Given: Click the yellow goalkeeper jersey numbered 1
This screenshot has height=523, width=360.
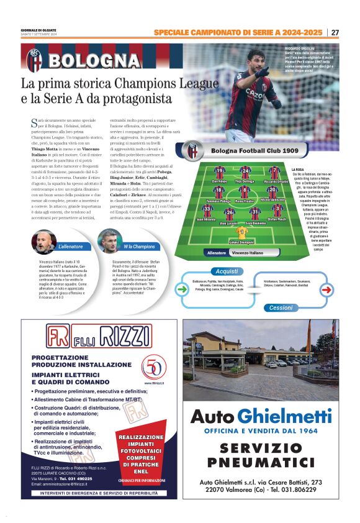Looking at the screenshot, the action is [243, 232].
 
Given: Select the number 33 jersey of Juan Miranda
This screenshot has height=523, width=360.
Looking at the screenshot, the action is [207, 209].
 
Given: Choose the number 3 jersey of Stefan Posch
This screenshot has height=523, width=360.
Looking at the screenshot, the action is [277, 209].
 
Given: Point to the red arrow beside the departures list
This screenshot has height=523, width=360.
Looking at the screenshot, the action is [326, 289].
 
